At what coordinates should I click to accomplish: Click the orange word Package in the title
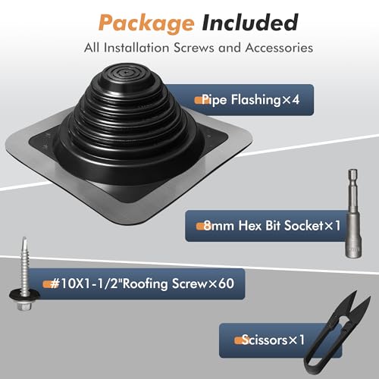pyautogui.click(x=136, y=22)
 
